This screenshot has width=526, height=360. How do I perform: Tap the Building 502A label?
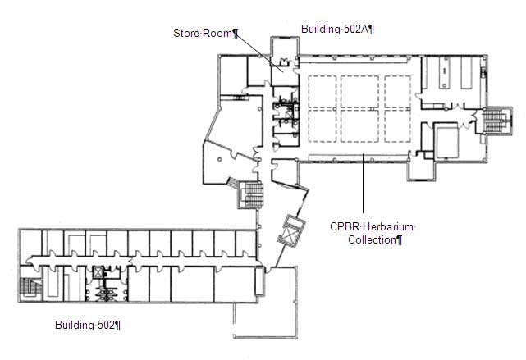point(338,30)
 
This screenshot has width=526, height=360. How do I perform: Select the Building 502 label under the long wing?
point(88,325)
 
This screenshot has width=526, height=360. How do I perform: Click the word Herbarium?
point(388,226)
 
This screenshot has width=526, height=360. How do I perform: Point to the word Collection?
point(372,240)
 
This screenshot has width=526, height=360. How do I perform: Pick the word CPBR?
point(345,226)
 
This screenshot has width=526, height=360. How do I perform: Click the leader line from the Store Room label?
point(259,52)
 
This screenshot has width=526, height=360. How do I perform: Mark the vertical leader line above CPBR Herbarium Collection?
point(363,183)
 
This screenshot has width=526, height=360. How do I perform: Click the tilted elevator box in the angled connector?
point(291,231)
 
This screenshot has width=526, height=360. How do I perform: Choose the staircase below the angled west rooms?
point(250,195)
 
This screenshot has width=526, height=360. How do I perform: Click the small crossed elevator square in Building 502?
point(98,271)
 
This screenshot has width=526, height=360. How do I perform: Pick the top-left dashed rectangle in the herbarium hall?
point(322,92)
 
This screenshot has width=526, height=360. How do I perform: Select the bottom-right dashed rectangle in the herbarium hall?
point(397,125)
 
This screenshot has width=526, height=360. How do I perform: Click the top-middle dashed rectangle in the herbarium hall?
point(359,92)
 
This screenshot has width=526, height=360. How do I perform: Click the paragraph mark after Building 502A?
point(372,30)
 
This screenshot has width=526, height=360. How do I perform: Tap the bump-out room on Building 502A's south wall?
point(421,169)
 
